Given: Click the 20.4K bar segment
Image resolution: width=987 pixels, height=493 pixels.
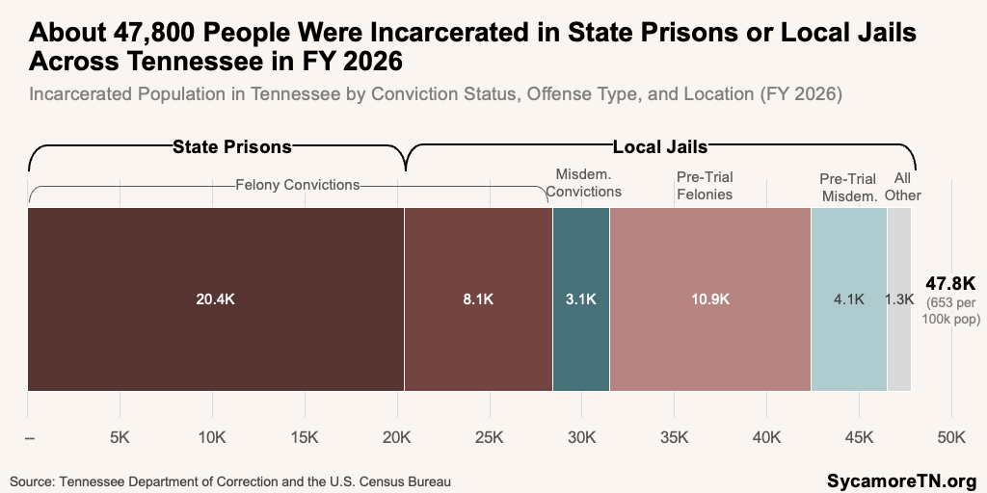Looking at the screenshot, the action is [x=216, y=299].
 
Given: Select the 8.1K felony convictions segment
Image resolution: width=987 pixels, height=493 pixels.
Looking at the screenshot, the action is [x=478, y=299].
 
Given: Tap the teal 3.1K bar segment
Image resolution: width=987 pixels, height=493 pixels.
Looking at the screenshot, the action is [x=581, y=299].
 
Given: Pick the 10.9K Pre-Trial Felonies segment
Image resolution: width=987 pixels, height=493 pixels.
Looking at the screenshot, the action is [x=710, y=299].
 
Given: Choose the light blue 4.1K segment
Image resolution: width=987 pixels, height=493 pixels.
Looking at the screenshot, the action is [x=849, y=299].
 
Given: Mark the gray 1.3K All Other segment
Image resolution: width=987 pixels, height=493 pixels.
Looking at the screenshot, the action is [x=899, y=299].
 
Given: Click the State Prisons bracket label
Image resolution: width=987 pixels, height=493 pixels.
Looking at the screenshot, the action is [x=232, y=147].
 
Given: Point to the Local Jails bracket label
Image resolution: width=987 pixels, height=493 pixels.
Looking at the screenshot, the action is [x=660, y=147].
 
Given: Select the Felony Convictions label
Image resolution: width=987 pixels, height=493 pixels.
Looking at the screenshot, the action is [x=297, y=185].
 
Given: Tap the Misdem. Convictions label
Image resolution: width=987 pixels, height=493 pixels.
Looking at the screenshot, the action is [x=583, y=182].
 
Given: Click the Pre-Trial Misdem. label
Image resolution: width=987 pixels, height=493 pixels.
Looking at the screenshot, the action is [x=847, y=188].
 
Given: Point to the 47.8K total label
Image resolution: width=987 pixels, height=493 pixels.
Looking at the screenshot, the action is [x=949, y=283].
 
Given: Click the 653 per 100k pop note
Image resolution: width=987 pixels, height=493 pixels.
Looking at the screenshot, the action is [x=951, y=311].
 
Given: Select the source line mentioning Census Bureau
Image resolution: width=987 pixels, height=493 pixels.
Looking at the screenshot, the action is [x=230, y=482].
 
